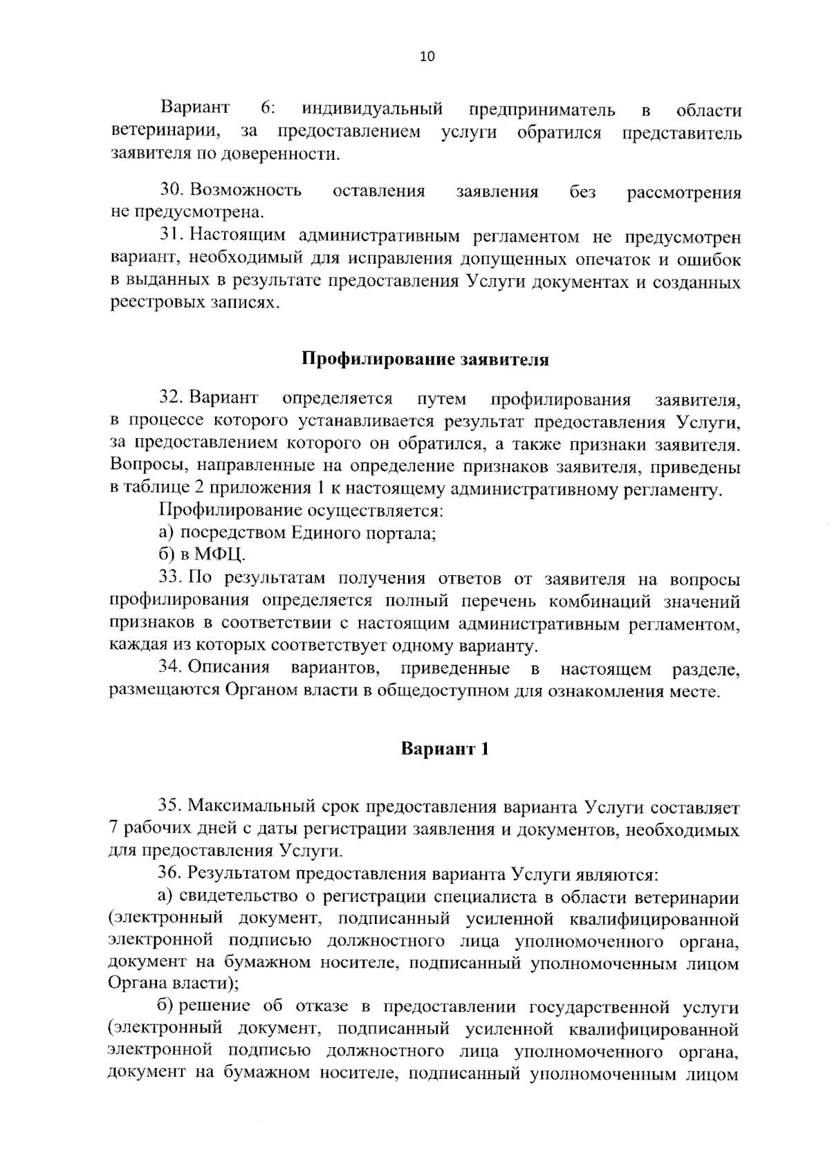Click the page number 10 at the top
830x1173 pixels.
point(427,57)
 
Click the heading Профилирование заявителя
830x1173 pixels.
point(425,360)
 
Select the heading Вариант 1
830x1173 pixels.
point(445,749)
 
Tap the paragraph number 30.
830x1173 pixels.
point(172,190)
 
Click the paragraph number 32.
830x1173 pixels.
point(172,399)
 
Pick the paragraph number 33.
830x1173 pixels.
point(172,578)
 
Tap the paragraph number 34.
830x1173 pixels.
point(172,669)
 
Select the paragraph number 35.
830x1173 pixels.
point(172,806)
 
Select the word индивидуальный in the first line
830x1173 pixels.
point(373,109)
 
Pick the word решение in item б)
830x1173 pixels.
point(212,1006)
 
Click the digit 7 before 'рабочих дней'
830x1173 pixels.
point(113,829)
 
